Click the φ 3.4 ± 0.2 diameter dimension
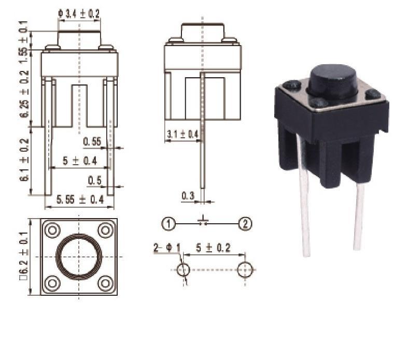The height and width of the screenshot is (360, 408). click(x=79, y=13)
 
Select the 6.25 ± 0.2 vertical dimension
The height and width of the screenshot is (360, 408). click(x=24, y=94)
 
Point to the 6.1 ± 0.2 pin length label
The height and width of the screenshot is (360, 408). click(x=24, y=160)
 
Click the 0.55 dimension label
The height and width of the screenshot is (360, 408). click(x=92, y=141)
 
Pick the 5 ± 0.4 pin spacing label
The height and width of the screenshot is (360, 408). click(x=80, y=161)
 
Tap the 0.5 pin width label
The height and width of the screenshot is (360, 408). click(x=95, y=180)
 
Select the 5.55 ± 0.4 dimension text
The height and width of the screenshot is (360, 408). click(x=80, y=199)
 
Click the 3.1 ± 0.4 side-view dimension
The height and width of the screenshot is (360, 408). click(x=182, y=134)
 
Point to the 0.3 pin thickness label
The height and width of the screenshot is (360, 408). click(x=188, y=196)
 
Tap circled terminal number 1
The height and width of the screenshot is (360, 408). click(x=169, y=224)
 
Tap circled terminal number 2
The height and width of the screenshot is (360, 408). click(x=245, y=224)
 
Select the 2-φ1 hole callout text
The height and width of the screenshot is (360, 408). click(x=167, y=248)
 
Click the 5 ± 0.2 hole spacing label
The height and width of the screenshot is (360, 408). click(x=214, y=248)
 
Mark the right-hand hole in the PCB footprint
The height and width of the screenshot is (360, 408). click(x=245, y=270)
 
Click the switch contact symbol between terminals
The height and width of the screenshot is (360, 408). click(x=203, y=221)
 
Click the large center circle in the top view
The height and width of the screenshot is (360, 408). click(x=79, y=257)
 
